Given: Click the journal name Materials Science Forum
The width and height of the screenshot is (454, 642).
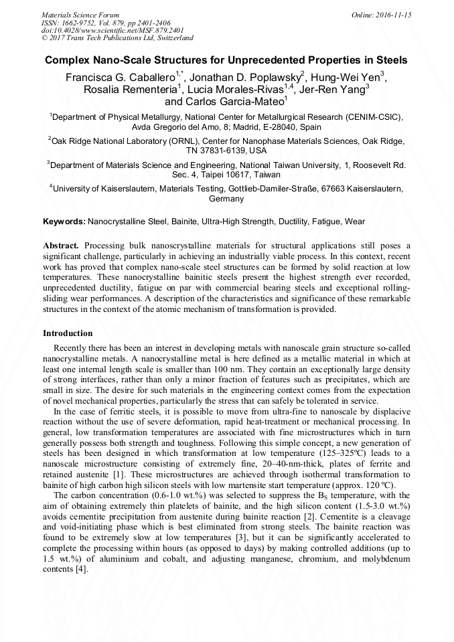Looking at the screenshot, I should tap(80, 14).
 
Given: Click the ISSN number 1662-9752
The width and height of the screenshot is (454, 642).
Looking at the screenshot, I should tap(79, 22).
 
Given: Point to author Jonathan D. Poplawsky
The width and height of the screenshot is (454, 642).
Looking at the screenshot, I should tap(245, 76).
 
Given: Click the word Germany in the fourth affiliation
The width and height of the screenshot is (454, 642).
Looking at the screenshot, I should tap(226, 199).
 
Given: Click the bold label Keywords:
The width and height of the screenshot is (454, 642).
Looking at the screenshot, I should tap(64, 221).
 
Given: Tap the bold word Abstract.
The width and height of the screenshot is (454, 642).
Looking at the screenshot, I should tap(61, 246).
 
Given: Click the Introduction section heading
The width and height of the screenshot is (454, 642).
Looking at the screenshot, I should tap(68, 333).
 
